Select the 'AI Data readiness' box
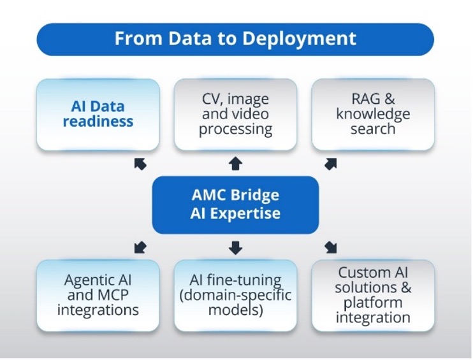click(x=98, y=115)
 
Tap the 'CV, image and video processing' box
click(x=235, y=115)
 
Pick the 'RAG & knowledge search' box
click(x=373, y=115)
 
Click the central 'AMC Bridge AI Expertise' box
click(x=235, y=205)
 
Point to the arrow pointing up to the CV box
click(x=235, y=164)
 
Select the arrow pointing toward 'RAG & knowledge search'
click(x=330, y=164)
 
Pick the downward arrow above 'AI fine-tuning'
click(x=235, y=247)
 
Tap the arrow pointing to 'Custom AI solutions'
click(x=330, y=247)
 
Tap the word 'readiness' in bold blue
click(x=98, y=121)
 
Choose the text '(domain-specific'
click(x=235, y=295)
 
